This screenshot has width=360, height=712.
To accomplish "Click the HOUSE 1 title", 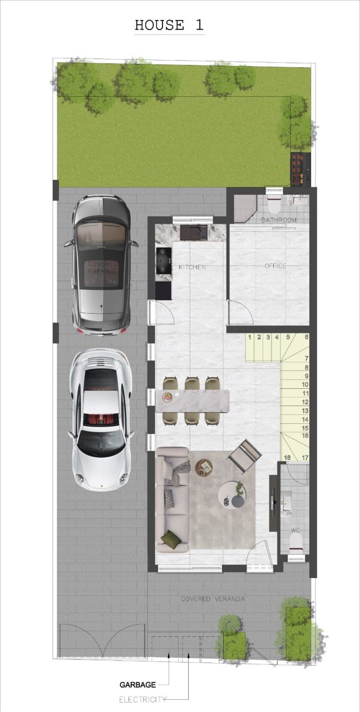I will tap(169, 25).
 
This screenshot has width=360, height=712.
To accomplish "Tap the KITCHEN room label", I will tap(192, 268).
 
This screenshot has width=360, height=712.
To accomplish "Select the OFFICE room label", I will tap(275, 266).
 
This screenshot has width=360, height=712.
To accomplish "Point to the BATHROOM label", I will tap(279, 220).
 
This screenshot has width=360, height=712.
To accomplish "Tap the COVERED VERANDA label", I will tap(213, 599).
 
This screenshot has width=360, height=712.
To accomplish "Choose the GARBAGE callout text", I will tap(137, 685).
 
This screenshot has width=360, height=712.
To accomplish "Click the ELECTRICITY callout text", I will tap(142, 699).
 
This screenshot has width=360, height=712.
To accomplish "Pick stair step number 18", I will tap(287, 458).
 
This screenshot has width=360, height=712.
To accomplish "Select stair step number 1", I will tap(250, 337).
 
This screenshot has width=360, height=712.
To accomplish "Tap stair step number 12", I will tap(305, 402).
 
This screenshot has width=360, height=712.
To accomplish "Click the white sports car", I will tap(101, 419).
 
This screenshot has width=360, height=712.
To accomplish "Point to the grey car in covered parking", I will tap(101, 265).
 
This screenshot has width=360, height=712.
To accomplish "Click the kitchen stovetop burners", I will tap(163, 260).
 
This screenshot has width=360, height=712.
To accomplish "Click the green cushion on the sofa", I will tap(171, 538).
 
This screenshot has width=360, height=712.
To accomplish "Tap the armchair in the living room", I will tap(244, 455).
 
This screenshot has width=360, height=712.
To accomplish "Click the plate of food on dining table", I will tap(167, 397).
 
